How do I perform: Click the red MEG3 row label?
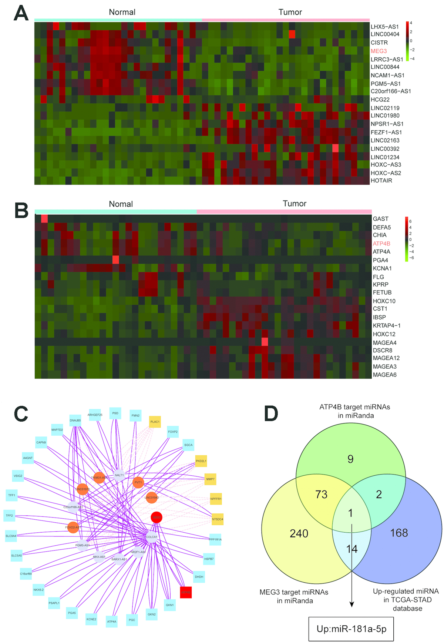[x=379, y=51]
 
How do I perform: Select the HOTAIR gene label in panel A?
[x=381, y=181]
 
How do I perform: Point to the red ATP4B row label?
[x=381, y=244]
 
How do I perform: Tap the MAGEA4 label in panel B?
[x=384, y=343]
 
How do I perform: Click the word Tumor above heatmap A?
[x=290, y=12]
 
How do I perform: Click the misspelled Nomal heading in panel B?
[x=121, y=204]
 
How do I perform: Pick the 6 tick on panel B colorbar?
[x=410, y=221]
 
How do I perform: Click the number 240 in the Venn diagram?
[x=299, y=533]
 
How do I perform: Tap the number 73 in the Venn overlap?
[x=321, y=494]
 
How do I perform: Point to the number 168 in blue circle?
[x=399, y=533]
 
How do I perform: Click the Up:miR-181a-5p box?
[x=351, y=629]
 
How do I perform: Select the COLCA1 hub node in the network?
[x=152, y=537]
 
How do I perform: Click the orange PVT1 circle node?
[x=138, y=482]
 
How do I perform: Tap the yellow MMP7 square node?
[x=210, y=479]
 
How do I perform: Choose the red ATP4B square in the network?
[x=186, y=592]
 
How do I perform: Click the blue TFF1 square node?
[x=12, y=495]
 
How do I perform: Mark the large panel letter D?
[x=271, y=413]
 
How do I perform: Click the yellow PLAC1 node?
[x=155, y=422]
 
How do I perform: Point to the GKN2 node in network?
[x=152, y=614]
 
